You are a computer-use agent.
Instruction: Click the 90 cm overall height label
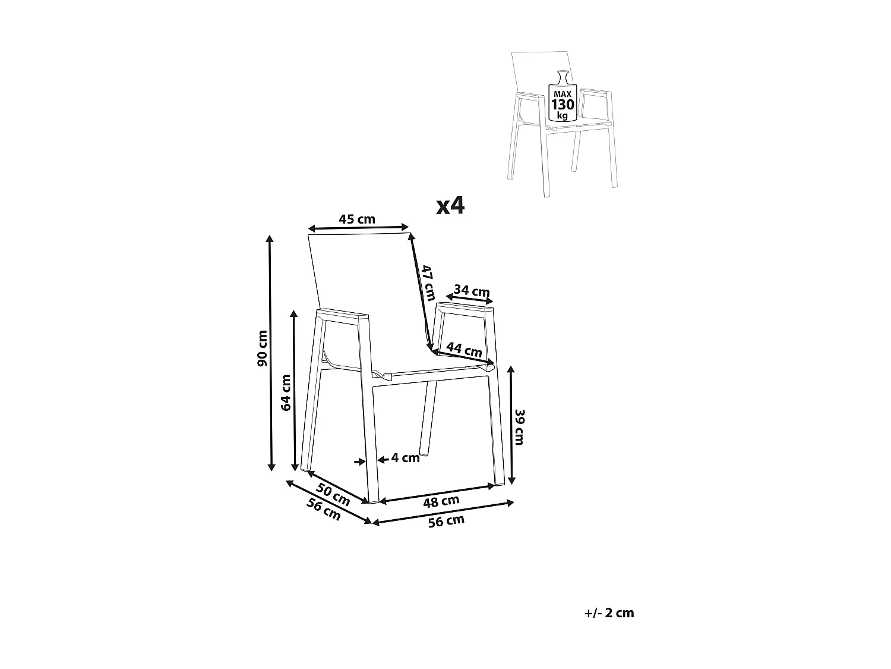coord(263,348)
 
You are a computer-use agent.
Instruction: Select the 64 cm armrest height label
coord(286,392)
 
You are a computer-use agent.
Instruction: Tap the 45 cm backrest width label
coord(357,219)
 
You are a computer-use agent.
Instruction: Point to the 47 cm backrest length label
coord(428,282)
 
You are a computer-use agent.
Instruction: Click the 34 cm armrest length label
coord(472,290)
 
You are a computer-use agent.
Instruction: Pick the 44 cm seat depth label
coord(464,349)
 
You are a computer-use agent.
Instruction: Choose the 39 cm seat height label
coord(520,427)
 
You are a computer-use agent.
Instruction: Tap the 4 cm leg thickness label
coord(405,458)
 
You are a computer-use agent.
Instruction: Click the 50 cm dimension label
coord(333,495)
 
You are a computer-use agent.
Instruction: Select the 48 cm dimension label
coord(441,502)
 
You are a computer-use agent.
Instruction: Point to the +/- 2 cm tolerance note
coord(609,613)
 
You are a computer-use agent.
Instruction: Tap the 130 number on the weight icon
coord(563,105)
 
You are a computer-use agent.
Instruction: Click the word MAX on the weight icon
coord(563,94)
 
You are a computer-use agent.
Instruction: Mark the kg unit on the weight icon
coord(563,115)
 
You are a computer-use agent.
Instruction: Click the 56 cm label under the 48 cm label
coord(446,522)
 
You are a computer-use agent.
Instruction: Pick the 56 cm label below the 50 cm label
coord(323,510)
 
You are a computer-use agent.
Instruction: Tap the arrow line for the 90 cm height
coord(270,353)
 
